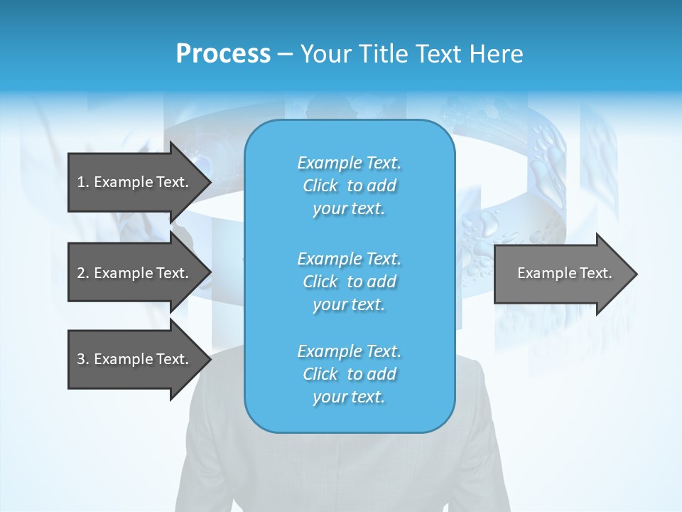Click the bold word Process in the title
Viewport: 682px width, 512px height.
tap(223, 54)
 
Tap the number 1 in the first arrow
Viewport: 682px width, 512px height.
tap(81, 182)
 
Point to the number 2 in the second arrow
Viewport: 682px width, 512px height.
tap(81, 273)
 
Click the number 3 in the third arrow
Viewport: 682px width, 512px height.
tap(81, 359)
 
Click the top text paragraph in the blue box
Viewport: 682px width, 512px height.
tap(349, 186)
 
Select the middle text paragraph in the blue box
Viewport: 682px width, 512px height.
tap(349, 281)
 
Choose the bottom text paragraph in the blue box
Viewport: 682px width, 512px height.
tap(349, 374)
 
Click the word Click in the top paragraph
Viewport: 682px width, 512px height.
tap(320, 186)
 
